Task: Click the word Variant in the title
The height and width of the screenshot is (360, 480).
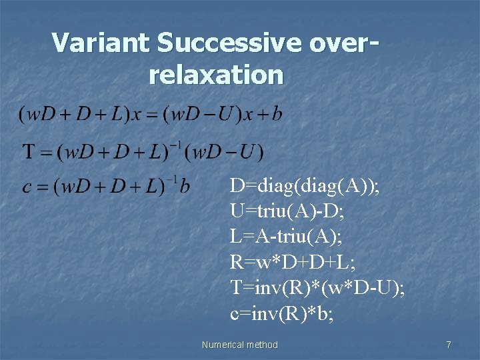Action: (x=101, y=43)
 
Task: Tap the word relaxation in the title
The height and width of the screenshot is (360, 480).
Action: (x=217, y=75)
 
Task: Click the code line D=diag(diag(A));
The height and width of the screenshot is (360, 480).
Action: (x=305, y=186)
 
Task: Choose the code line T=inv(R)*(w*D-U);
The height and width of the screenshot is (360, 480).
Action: (x=317, y=287)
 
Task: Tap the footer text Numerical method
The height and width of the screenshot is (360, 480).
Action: (x=239, y=345)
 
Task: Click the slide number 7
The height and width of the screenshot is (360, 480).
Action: (x=448, y=345)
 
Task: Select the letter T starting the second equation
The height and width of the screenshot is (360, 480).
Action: (x=30, y=152)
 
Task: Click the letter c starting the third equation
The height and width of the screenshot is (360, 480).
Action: (x=27, y=186)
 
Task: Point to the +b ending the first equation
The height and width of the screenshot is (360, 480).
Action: (x=268, y=114)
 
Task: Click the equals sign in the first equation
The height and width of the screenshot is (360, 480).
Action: (x=153, y=115)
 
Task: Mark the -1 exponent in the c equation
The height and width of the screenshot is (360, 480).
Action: (x=171, y=178)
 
